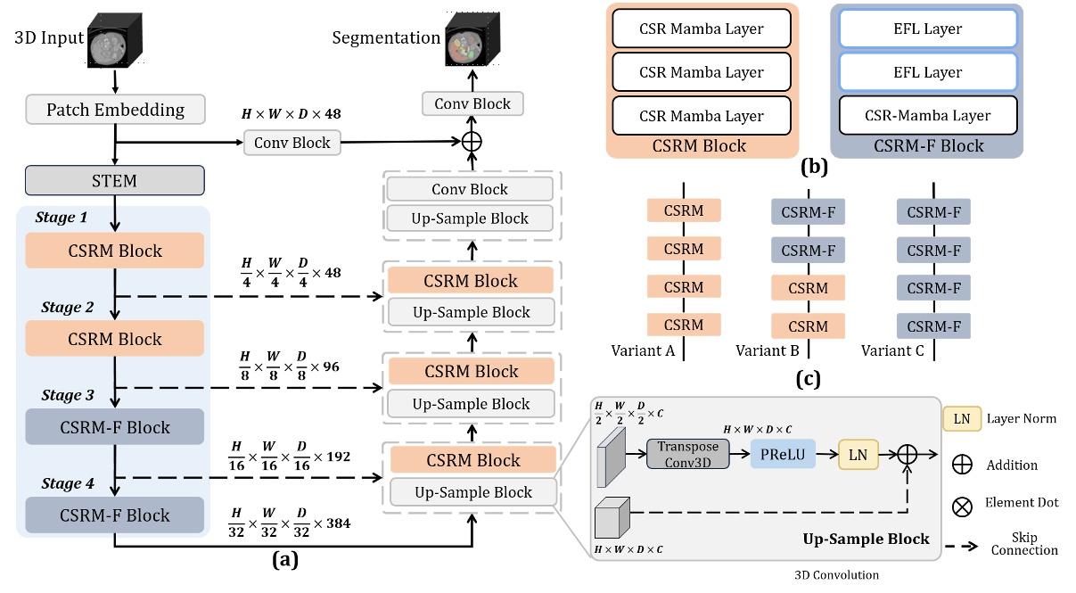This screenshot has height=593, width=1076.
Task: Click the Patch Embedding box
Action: (x=115, y=111)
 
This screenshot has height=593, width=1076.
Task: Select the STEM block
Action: (x=115, y=180)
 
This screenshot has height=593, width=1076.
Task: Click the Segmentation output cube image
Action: (x=471, y=39)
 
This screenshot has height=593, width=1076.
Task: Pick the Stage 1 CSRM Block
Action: (x=115, y=251)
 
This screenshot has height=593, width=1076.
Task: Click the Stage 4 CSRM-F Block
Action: (x=115, y=515)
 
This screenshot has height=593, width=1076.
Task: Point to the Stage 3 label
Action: (x=66, y=395)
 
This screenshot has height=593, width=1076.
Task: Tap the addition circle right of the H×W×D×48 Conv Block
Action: (x=471, y=142)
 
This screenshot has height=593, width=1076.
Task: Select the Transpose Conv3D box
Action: (x=687, y=454)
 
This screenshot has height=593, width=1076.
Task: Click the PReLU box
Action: (x=783, y=454)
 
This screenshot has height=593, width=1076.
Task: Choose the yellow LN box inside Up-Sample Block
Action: (x=858, y=454)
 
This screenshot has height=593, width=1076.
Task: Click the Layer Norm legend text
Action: (x=1023, y=417)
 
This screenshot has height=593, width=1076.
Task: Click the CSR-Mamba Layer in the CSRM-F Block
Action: (x=927, y=116)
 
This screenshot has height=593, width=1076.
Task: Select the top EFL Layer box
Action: (x=927, y=29)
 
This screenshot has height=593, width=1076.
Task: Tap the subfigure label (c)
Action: (x=808, y=380)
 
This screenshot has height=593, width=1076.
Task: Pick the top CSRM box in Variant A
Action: (x=684, y=211)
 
